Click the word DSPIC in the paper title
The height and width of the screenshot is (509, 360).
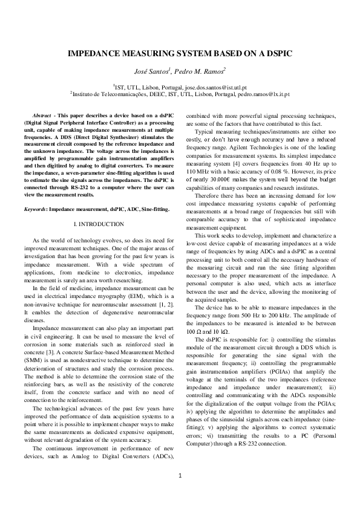tap(276, 54)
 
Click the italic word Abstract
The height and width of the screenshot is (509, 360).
tap(42, 114)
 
